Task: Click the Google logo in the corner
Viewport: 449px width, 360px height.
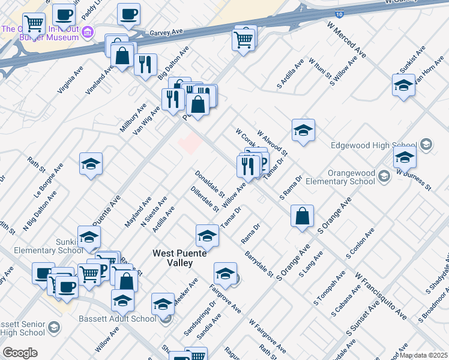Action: [x=20, y=353]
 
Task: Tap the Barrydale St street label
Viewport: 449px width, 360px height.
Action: [x=259, y=265]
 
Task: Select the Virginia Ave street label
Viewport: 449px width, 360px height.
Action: [x=70, y=80]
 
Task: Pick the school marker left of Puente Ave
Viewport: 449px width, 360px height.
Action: [x=91, y=164]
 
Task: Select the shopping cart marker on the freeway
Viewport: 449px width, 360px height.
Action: [x=244, y=40]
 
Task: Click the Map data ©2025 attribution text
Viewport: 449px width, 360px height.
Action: [x=424, y=355]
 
